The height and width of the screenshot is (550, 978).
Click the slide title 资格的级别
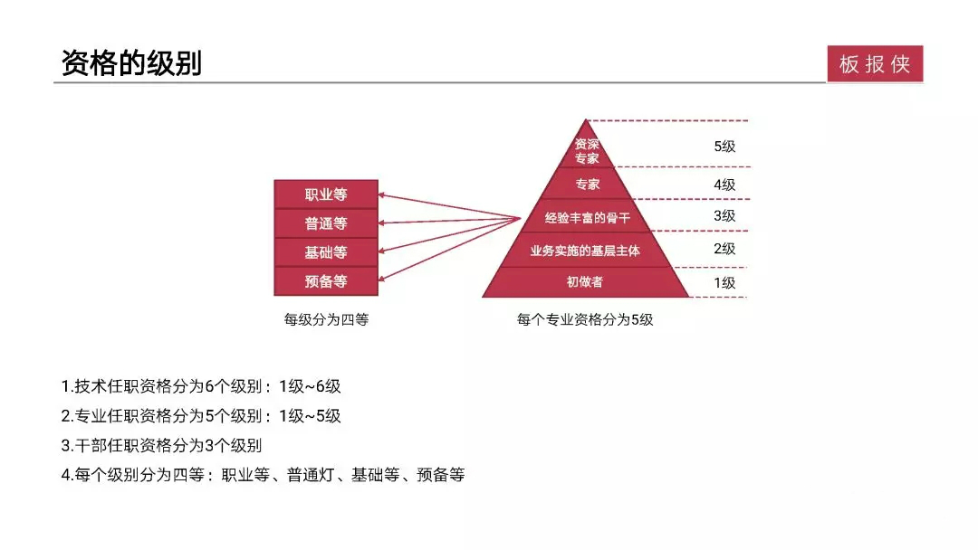tap(131, 63)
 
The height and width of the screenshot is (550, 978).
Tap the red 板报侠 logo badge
tap(875, 63)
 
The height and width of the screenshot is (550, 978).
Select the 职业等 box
tap(326, 194)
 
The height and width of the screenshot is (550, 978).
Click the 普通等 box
tap(326, 223)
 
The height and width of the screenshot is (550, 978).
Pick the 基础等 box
tap(326, 252)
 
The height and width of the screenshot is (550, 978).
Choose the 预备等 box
tap(326, 281)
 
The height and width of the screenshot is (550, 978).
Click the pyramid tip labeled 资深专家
tap(586, 149)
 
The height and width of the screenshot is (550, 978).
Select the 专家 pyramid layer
tap(586, 184)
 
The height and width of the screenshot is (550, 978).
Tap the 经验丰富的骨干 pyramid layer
tap(586, 217)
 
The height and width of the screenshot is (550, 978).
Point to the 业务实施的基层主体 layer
tap(585, 251)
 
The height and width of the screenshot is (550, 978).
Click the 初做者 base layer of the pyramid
tap(585, 282)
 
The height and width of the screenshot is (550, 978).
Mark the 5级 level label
tap(724, 147)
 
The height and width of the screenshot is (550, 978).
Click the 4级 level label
tap(724, 185)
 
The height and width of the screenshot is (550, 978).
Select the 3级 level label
tap(724, 216)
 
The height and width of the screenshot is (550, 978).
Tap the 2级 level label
tap(724, 249)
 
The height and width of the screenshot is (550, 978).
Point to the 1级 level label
tap(724, 283)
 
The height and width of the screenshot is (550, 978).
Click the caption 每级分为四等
tap(326, 319)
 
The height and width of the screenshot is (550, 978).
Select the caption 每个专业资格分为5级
tap(585, 319)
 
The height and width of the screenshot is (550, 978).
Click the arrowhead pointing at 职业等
tap(382, 195)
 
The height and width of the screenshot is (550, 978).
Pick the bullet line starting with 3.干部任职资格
tap(161, 445)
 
